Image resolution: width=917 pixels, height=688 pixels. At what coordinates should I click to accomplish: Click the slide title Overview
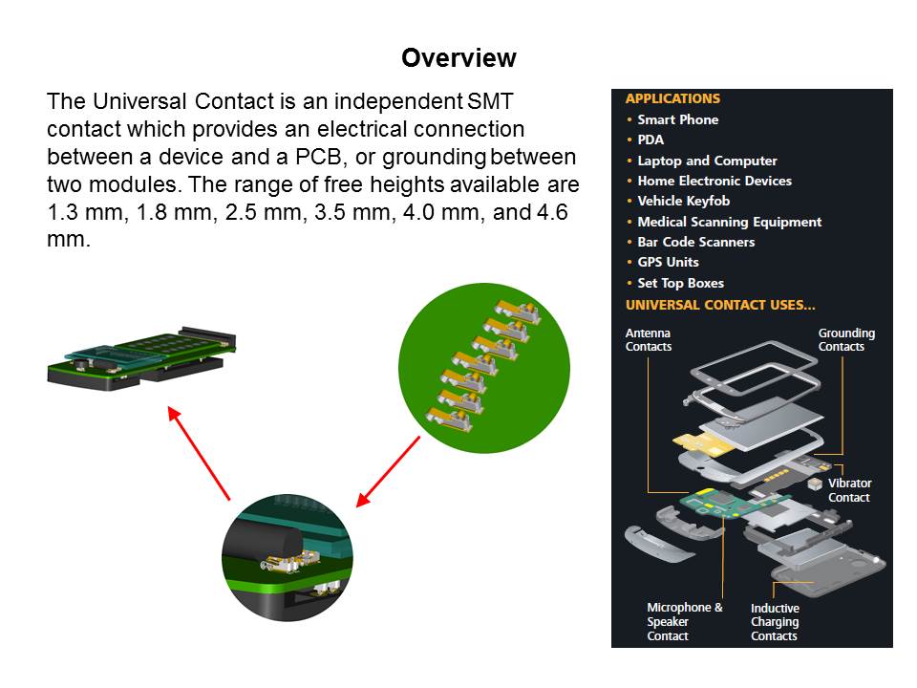(458, 58)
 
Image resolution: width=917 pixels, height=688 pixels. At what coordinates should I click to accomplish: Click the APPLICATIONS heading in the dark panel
(672, 98)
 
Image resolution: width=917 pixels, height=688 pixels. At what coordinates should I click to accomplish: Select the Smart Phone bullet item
(678, 119)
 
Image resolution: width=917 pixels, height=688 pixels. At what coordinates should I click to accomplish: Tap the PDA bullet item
(650, 140)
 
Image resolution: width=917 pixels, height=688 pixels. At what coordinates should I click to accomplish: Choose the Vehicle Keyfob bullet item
(684, 201)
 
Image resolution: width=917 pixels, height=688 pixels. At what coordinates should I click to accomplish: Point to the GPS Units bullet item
(668, 262)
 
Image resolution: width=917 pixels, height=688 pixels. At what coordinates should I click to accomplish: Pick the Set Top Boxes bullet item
(681, 283)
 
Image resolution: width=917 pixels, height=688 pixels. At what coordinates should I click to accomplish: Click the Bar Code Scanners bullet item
(696, 242)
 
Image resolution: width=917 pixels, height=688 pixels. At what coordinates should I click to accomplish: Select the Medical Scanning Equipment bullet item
(729, 222)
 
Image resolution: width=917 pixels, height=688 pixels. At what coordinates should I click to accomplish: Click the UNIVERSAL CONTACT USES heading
(720, 305)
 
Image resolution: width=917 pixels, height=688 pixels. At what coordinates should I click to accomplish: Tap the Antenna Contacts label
(648, 340)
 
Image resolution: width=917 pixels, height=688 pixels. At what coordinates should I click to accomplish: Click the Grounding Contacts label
(846, 340)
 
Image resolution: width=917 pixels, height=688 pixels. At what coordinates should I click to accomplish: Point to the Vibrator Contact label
(849, 490)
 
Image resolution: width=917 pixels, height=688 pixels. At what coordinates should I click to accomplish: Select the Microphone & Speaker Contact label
(684, 621)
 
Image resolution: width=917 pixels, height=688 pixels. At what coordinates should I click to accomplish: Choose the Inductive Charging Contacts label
(775, 622)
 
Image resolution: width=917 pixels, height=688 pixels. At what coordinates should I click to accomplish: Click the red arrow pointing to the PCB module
(199, 453)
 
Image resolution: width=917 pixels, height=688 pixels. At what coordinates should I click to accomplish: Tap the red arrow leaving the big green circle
(389, 471)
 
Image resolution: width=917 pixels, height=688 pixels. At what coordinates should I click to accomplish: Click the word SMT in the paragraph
(490, 101)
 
